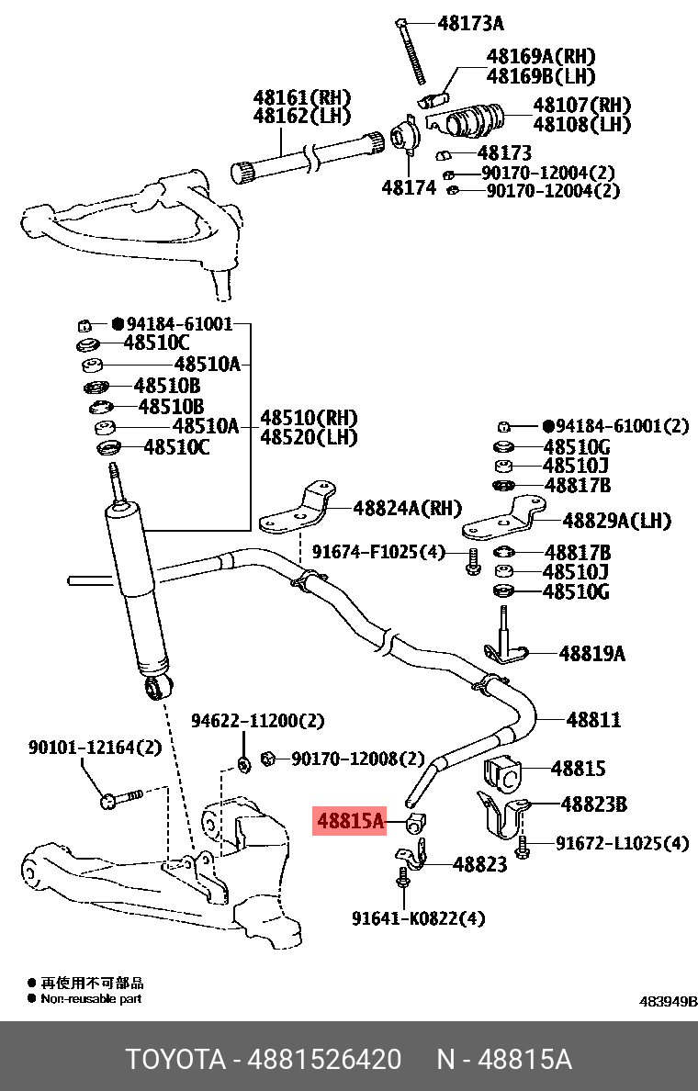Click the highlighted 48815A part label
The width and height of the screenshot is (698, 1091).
click(350, 820)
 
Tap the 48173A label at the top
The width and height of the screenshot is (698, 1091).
click(470, 24)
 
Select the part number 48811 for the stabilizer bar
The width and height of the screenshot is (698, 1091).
click(592, 720)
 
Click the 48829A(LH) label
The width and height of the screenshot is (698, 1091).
click(616, 521)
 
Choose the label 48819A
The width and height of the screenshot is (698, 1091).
click(591, 654)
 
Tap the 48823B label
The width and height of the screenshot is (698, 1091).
click(594, 804)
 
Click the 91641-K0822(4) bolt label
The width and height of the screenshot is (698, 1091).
click(418, 917)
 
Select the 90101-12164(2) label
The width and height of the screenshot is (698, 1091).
click(95, 748)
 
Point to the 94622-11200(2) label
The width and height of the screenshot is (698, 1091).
click(257, 722)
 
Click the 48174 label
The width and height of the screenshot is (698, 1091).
click(409, 188)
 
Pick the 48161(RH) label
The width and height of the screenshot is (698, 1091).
click(302, 97)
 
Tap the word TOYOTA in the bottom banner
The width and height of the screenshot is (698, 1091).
click(175, 1059)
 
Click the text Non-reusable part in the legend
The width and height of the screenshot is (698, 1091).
click(91, 998)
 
